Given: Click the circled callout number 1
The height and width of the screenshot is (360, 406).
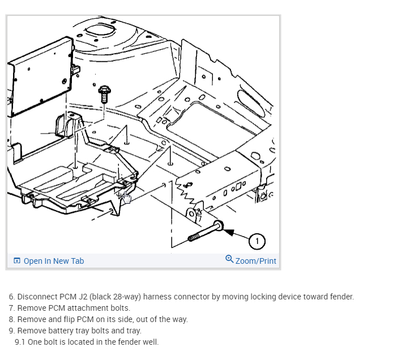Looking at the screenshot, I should [257, 241].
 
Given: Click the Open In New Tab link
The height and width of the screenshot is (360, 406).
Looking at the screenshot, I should [53, 261].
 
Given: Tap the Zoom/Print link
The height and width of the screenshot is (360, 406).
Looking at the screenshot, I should [256, 260].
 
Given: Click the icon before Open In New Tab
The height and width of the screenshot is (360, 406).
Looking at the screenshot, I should [17, 261].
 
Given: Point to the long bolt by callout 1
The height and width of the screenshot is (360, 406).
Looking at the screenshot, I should [204, 232].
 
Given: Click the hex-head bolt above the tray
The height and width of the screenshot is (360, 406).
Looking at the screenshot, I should [104, 93].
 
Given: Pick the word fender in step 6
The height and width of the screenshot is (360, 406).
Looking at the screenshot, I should [341, 297].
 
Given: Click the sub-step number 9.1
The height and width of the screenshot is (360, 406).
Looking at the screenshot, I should [20, 342].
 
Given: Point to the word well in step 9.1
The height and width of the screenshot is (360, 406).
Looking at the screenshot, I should [151, 342].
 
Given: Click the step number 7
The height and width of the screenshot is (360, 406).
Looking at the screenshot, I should [11, 308].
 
